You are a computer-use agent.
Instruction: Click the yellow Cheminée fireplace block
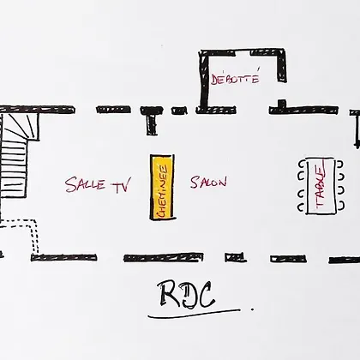tap(162, 187)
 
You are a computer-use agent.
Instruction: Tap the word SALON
tap(208, 182)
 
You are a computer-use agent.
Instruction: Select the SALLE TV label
tap(98, 185)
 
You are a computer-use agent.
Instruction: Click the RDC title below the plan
tap(187, 294)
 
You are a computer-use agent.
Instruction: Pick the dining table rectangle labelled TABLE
tap(321, 186)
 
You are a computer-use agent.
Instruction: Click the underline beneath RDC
tap(195, 313)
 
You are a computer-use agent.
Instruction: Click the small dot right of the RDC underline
tap(252, 309)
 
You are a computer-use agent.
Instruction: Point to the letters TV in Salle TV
tap(122, 185)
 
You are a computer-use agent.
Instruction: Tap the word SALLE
tap(85, 184)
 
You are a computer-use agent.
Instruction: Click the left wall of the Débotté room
tap(204, 81)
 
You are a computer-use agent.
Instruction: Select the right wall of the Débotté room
tap(281, 66)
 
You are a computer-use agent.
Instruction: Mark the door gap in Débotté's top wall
tap(243, 52)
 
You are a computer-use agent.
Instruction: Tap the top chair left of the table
tap(302, 165)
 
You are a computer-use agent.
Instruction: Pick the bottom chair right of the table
tap(340, 206)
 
